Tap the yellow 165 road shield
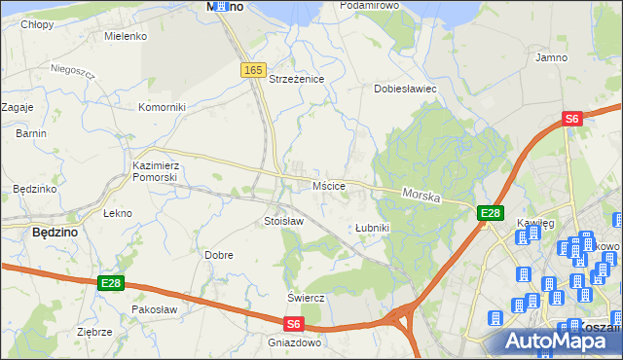click(x=253, y=70)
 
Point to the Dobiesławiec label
click(x=406, y=89)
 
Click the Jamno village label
click(x=552, y=57)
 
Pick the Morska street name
click(x=421, y=196)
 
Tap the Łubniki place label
click(x=372, y=228)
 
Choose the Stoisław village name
click(x=284, y=222)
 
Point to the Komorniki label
click(x=162, y=107)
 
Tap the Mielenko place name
click(x=126, y=36)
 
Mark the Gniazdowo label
click(x=294, y=343)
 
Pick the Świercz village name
click(x=305, y=297)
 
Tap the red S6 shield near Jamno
click(x=572, y=119)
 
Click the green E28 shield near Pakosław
click(x=110, y=283)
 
